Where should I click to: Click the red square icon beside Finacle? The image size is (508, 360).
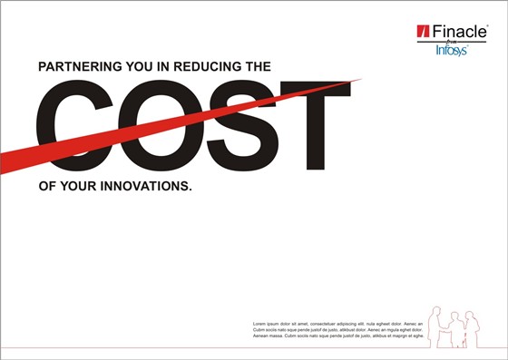(x=422, y=33)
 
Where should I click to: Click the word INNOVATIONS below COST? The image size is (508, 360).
(x=144, y=185)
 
